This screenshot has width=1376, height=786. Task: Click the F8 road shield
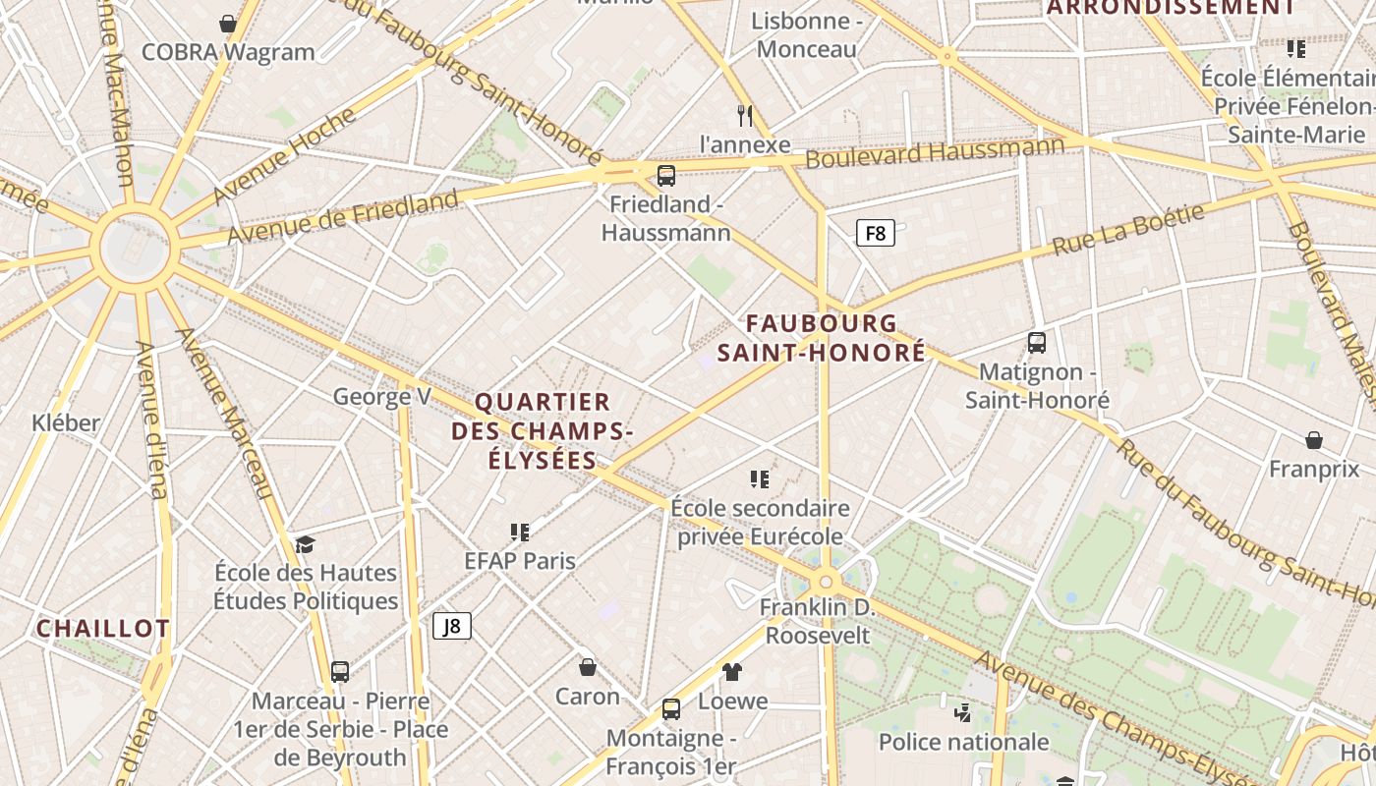875,234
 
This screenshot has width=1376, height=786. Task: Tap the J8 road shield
452,626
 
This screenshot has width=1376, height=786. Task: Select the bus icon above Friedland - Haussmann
666,176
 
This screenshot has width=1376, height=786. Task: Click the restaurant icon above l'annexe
745,116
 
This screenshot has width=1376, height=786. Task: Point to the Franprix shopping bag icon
1314,440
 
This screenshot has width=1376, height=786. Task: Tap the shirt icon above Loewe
732,672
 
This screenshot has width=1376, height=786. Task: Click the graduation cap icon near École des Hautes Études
306,544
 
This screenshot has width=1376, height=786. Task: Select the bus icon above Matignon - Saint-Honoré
1037,343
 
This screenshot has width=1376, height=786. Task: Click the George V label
382,397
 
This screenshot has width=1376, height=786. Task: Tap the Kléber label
66,423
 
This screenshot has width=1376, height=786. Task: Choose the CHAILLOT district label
103,629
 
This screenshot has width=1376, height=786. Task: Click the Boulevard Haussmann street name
935,152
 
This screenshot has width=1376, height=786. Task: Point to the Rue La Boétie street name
1128,230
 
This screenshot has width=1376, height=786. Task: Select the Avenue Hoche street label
284,155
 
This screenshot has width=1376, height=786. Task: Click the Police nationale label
963,742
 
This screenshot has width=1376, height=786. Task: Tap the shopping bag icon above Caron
588,668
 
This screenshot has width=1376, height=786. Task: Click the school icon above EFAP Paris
520,533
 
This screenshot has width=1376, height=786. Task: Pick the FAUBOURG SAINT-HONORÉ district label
822,337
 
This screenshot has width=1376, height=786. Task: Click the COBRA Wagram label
228,52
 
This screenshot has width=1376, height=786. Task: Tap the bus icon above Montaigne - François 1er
671,709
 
